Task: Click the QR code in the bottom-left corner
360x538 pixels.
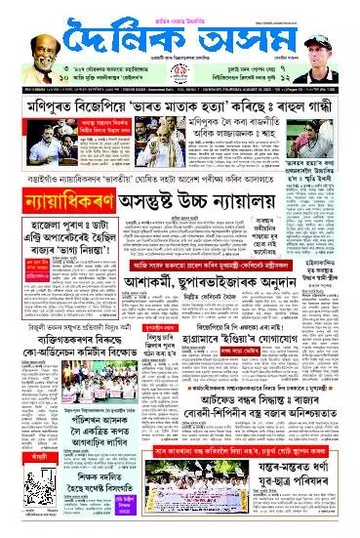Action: (22, 525)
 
